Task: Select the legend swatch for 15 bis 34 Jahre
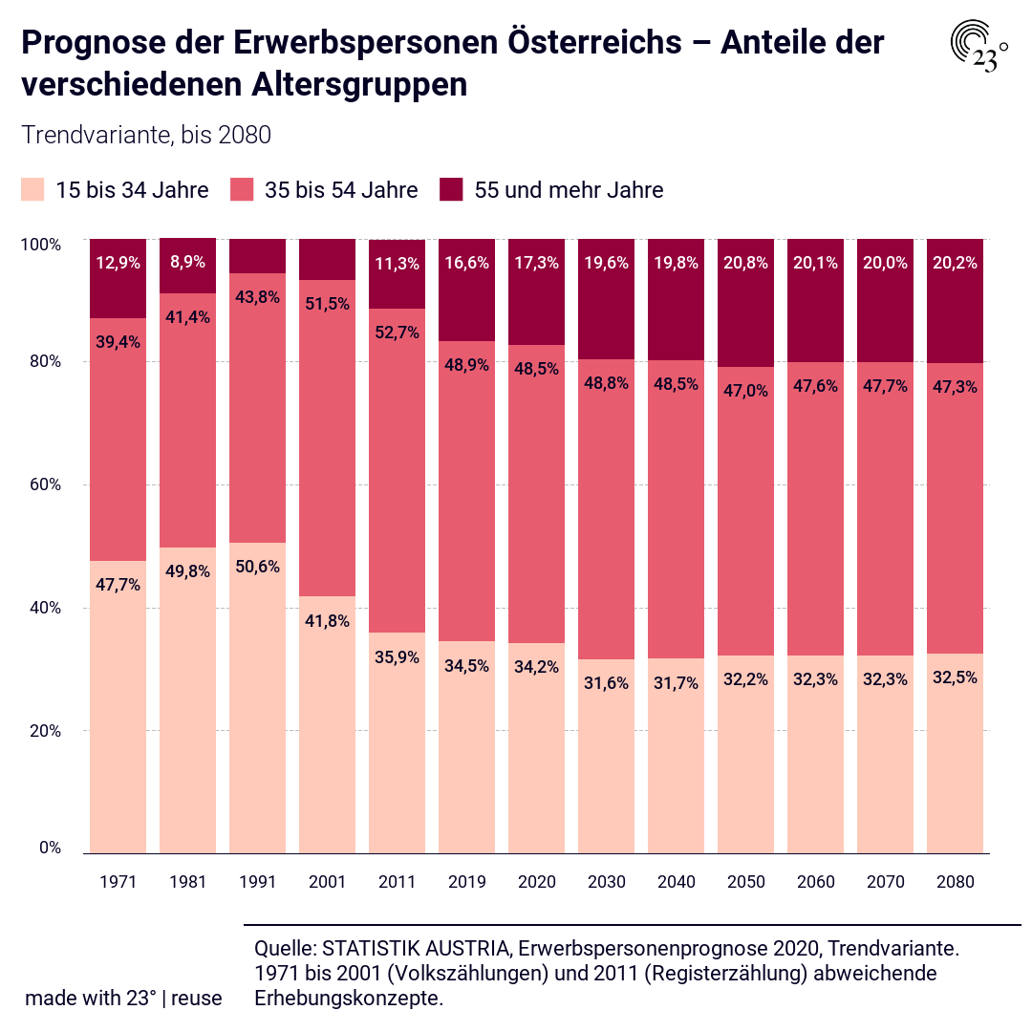point(32,190)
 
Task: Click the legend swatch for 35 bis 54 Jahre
point(242,190)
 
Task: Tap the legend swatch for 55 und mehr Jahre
point(451,190)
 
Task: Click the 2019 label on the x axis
point(466,882)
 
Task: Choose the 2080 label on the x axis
point(955,882)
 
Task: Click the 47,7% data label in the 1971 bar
point(118,585)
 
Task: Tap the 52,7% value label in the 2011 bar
point(397,333)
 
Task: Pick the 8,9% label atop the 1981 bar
point(187,263)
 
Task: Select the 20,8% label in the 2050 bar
point(745,263)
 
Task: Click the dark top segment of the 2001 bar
point(327,259)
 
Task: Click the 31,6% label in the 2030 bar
point(606,683)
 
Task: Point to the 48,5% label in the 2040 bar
point(676,383)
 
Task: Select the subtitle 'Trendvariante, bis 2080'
point(146,136)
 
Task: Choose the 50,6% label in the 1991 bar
point(257,567)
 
